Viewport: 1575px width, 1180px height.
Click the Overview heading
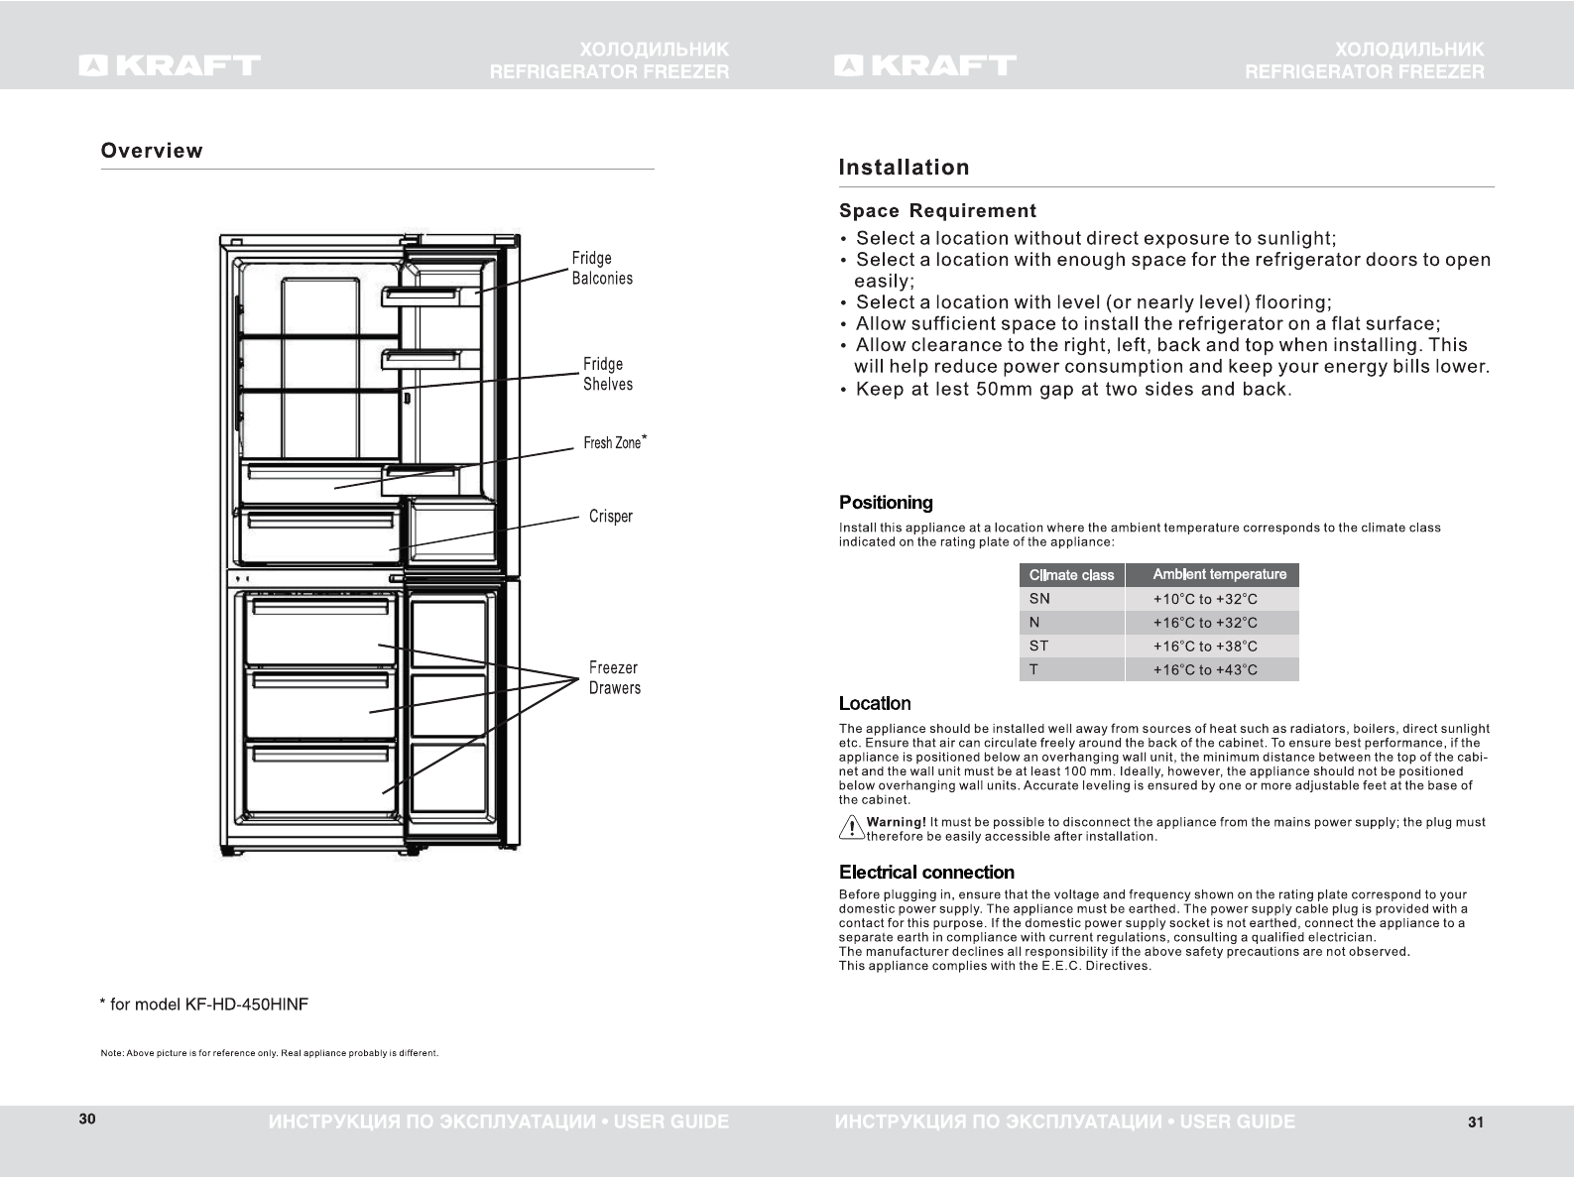(x=152, y=151)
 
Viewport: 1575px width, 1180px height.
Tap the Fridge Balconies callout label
(x=602, y=269)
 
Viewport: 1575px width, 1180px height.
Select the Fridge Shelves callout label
(x=607, y=374)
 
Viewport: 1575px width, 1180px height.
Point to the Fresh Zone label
(x=613, y=442)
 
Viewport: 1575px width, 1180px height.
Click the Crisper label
(x=610, y=516)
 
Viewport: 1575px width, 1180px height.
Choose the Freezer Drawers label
(x=614, y=678)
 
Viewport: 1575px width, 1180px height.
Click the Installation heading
(x=904, y=168)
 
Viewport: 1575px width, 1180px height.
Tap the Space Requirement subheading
(x=937, y=211)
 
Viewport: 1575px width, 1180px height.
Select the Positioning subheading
(x=886, y=503)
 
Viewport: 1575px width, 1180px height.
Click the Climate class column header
(x=1071, y=575)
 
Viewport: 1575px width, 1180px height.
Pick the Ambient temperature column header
(x=1219, y=574)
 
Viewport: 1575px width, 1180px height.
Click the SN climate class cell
(x=1039, y=599)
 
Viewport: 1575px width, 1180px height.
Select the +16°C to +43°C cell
(x=1204, y=670)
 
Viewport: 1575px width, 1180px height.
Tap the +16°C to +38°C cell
(x=1204, y=647)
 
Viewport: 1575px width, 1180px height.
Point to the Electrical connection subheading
(x=926, y=873)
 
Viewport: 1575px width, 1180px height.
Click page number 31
(x=1475, y=1122)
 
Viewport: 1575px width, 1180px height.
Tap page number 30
(x=87, y=1120)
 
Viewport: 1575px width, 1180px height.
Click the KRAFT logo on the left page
(x=170, y=65)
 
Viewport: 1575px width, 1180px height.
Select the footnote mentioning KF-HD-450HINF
(x=204, y=1004)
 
